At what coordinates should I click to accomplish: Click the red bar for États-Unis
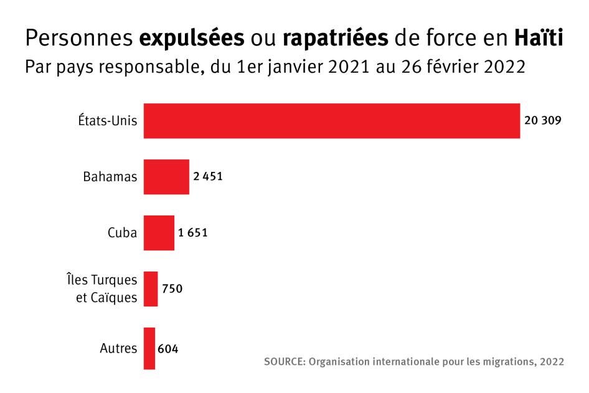click(332, 121)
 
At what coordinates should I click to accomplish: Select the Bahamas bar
click(166, 177)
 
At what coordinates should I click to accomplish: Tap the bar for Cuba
click(159, 233)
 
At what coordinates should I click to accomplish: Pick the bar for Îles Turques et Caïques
click(151, 289)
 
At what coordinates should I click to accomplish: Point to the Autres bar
click(149, 348)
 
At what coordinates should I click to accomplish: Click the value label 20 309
click(543, 121)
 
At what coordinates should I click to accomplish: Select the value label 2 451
click(207, 177)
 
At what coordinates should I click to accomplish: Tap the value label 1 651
click(192, 233)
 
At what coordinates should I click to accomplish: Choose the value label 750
click(172, 289)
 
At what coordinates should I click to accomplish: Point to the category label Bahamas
click(110, 177)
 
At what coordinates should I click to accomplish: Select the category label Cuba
click(121, 233)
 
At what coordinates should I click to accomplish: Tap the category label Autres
click(118, 348)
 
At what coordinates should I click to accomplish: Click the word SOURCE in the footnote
click(283, 362)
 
